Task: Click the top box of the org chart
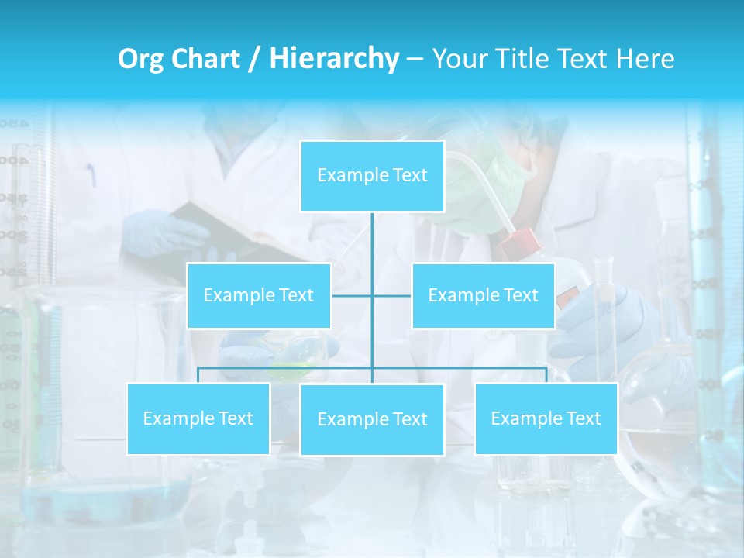click(372, 176)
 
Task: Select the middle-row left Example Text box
click(259, 295)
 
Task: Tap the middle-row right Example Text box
click(483, 295)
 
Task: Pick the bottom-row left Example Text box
click(198, 418)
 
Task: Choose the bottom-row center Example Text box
click(372, 419)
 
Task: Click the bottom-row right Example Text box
click(546, 418)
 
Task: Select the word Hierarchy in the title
click(333, 59)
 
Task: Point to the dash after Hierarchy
click(415, 60)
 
